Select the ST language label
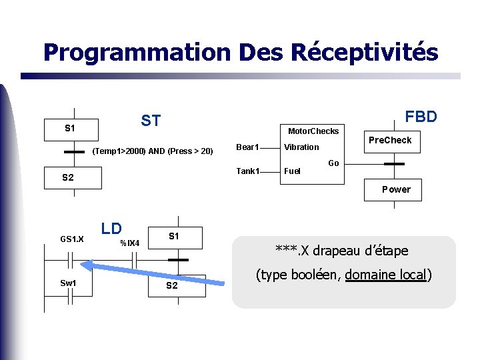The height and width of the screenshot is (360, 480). click(x=151, y=121)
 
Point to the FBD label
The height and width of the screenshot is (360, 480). click(x=421, y=117)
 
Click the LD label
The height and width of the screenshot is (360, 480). click(x=111, y=228)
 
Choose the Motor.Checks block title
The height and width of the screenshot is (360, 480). click(x=313, y=131)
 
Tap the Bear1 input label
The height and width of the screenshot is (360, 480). click(x=248, y=147)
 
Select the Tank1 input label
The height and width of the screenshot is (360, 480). click(x=248, y=171)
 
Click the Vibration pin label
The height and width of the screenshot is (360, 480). click(x=301, y=147)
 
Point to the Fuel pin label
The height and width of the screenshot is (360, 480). click(x=292, y=171)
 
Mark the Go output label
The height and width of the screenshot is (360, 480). click(x=333, y=163)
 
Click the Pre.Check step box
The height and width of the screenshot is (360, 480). click(x=390, y=140)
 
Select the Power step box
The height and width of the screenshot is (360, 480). click(x=396, y=189)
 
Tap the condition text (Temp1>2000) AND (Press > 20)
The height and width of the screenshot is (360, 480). click(x=152, y=151)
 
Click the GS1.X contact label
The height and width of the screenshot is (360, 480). click(x=72, y=239)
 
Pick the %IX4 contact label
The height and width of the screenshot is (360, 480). click(x=129, y=243)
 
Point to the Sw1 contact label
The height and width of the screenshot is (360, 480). click(x=69, y=283)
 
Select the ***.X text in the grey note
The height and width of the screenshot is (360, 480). click(x=292, y=251)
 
